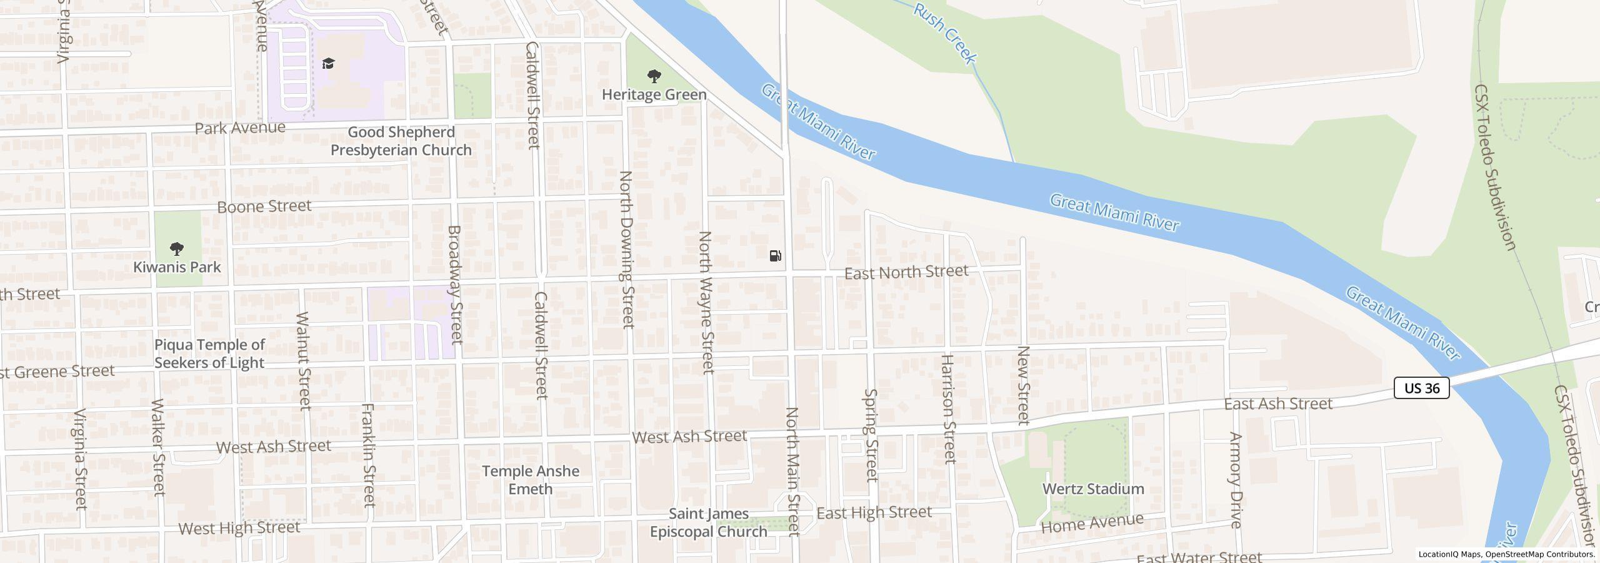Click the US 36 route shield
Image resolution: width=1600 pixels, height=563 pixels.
[1421, 388]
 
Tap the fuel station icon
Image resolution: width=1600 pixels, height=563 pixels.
[775, 255]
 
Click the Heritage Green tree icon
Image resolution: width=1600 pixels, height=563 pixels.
[654, 77]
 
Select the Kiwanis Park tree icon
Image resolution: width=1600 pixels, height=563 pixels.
[177, 249]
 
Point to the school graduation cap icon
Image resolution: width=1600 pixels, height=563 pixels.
[328, 63]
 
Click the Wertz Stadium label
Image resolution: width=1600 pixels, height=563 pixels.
[1093, 489]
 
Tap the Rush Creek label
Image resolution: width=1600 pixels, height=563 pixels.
[944, 33]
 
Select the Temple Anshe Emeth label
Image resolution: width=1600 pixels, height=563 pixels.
[530, 480]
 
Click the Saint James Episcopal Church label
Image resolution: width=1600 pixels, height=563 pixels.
[709, 522]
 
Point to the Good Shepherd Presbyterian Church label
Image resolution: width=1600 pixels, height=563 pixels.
[401, 141]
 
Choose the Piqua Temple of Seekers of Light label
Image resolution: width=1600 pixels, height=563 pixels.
[209, 353]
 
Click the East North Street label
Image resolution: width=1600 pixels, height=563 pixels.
[906, 271]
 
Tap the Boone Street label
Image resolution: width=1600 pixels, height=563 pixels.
[264, 206]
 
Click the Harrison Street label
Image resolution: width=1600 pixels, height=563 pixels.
[949, 408]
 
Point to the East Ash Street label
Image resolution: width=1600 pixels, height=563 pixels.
[1278, 404]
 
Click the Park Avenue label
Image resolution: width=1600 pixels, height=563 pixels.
[240, 128]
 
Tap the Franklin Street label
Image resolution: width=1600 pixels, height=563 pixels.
[369, 455]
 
